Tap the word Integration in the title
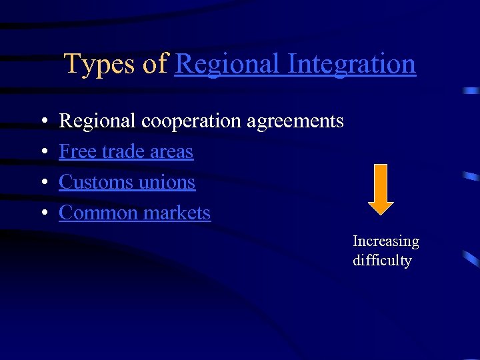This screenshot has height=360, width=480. (352, 65)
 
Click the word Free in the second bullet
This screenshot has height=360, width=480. (74, 152)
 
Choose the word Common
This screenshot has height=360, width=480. (94, 213)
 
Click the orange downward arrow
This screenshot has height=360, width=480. (381, 189)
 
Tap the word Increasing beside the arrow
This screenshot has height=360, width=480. (385, 241)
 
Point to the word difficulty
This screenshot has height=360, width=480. (382, 261)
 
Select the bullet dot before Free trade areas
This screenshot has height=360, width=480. (43, 153)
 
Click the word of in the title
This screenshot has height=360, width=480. (154, 65)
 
